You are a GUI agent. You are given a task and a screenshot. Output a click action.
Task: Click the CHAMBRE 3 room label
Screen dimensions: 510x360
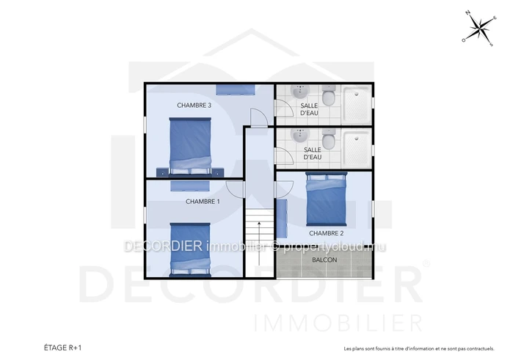[194, 106]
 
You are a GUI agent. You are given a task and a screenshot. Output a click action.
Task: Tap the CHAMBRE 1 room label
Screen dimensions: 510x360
[203, 202]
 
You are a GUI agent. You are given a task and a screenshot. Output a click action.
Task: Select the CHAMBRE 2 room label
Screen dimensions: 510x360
[327, 233]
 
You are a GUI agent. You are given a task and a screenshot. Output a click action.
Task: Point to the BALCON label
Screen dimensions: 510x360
[324, 260]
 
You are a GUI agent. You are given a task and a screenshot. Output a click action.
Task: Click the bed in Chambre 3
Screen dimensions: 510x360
[190, 147]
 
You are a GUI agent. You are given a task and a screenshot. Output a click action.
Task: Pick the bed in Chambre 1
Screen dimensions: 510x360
[190, 250]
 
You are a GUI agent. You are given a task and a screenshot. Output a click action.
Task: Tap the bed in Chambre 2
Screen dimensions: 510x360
[327, 199]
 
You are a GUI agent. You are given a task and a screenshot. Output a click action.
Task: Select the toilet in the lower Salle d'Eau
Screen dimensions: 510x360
[329, 139]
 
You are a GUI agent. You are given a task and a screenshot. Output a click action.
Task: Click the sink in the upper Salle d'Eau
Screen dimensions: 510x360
[299, 92]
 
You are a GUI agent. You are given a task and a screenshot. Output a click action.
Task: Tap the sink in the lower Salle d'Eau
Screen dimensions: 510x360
[299, 136]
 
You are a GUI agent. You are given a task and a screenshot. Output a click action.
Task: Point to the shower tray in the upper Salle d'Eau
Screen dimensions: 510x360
[357, 105]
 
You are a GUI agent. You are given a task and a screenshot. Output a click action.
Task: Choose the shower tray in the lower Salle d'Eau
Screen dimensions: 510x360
[357, 149]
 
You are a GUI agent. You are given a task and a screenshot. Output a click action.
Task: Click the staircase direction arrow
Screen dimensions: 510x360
[259, 243]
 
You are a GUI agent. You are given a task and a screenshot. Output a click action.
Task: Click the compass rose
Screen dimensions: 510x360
[479, 28]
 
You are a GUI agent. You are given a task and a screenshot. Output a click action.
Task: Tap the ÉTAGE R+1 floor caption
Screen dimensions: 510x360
[63, 348]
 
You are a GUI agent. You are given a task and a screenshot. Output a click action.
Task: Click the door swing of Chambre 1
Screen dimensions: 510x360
[235, 188]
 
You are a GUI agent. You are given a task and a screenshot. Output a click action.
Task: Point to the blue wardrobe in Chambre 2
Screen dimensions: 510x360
[282, 218]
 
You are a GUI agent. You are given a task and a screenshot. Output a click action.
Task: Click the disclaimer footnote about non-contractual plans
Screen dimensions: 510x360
[419, 349]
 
